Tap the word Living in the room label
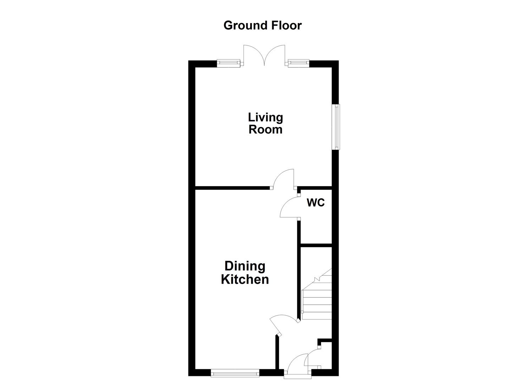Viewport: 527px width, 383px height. click(x=265, y=117)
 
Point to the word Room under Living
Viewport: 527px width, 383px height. click(x=265, y=129)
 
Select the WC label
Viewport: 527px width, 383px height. click(x=315, y=203)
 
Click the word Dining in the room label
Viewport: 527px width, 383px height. click(x=245, y=266)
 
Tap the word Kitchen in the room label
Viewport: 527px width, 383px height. click(x=245, y=279)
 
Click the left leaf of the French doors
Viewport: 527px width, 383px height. click(x=253, y=55)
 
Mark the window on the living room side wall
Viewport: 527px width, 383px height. click(x=335, y=127)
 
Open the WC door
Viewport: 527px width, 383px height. click(x=289, y=207)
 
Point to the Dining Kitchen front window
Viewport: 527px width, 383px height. click(x=235, y=373)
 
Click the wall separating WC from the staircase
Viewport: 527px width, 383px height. click(x=316, y=245)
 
